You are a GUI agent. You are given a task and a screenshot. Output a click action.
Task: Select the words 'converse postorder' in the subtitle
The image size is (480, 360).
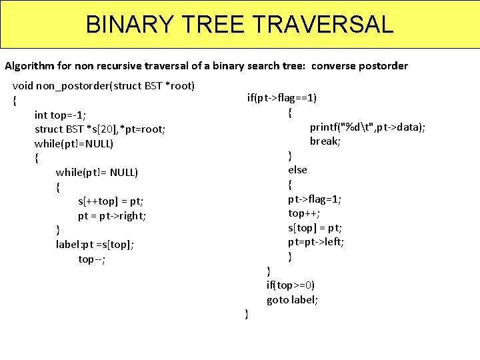point(359,66)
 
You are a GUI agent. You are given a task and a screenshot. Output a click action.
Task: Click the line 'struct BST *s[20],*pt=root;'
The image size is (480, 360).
point(99,129)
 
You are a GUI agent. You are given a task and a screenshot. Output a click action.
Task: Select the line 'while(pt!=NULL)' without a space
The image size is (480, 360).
point(73,144)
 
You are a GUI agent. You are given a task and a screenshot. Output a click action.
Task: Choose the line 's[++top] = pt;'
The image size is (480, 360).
point(111,201)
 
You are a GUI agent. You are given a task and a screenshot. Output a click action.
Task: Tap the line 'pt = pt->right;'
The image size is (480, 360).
point(112,215)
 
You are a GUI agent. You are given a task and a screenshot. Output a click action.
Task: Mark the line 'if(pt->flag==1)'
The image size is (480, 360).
point(281,99)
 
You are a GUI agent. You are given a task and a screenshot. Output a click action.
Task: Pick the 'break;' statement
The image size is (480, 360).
point(325,141)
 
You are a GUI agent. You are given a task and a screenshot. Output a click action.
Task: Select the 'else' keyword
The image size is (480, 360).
point(297,170)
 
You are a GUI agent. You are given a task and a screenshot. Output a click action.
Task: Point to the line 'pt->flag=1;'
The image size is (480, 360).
point(315,199)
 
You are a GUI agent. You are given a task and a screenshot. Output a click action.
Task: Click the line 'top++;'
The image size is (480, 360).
point(304,213)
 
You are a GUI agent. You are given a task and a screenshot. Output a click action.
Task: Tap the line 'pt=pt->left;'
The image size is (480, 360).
point(316,242)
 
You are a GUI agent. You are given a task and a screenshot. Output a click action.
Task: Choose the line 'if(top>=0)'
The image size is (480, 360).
point(291,285)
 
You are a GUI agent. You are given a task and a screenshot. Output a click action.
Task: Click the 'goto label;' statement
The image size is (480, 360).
point(292,300)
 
